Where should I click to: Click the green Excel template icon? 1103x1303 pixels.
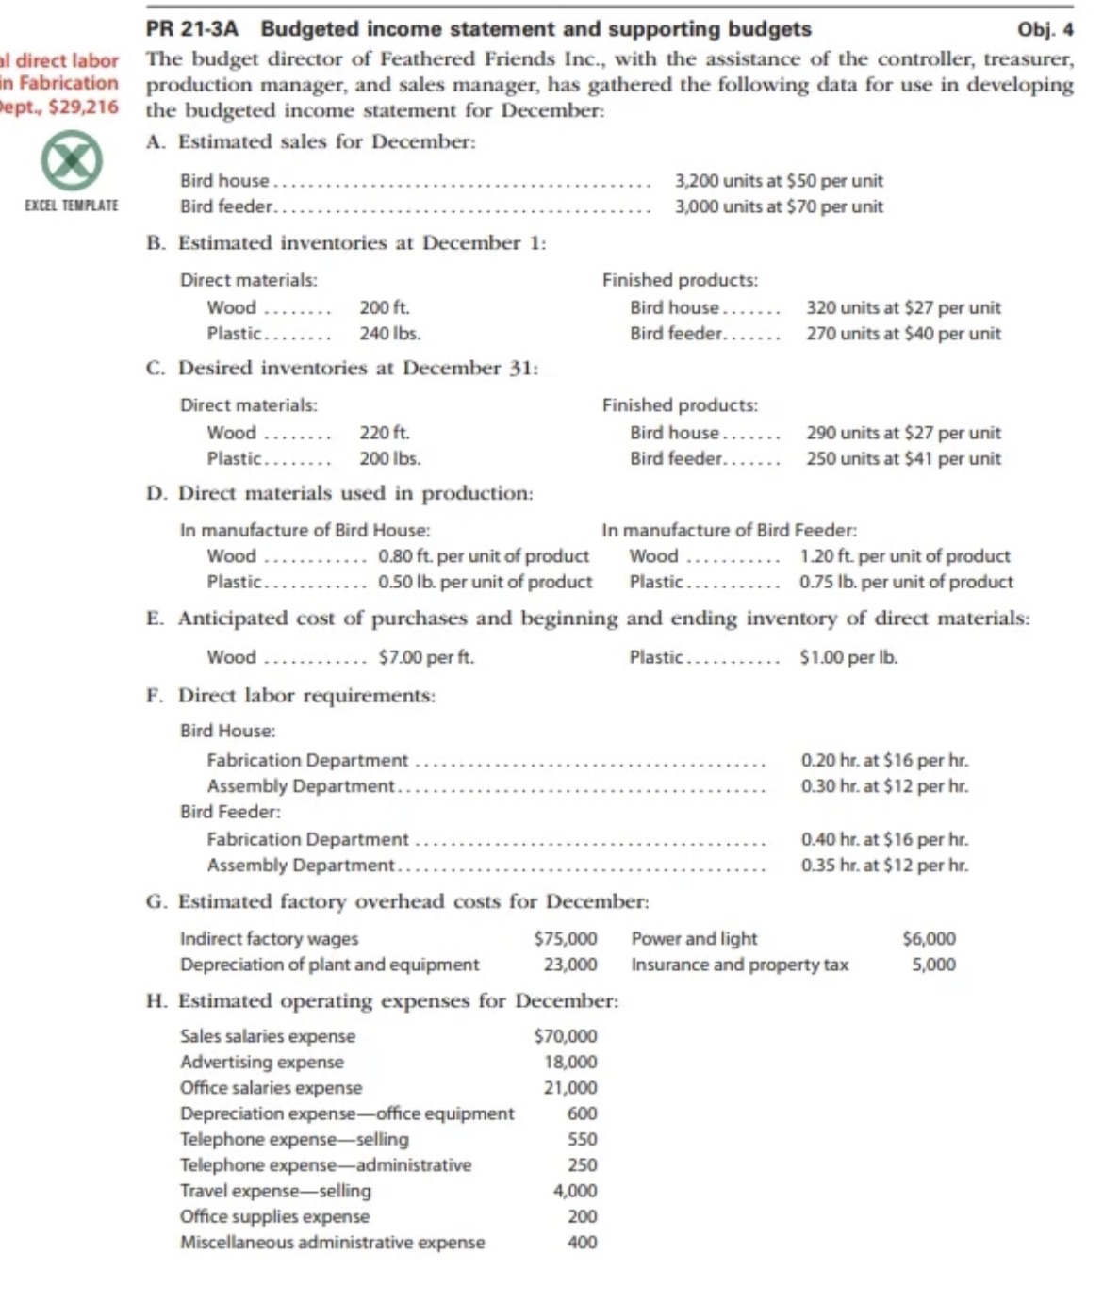click(72, 162)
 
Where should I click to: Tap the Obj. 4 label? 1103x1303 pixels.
click(1045, 30)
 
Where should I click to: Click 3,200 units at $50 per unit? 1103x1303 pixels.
click(779, 181)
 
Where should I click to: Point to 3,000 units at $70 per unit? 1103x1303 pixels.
click(779, 206)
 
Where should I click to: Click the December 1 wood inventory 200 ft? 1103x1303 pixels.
click(384, 307)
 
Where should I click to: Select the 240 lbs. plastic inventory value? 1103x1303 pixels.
click(389, 333)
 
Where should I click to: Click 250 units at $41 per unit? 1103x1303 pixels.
click(903, 458)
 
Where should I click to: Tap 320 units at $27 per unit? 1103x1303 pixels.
click(903, 307)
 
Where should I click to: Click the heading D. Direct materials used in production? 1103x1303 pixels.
click(339, 493)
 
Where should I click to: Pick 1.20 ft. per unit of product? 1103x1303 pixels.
click(904, 556)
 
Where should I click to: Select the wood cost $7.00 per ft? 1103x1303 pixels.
click(426, 657)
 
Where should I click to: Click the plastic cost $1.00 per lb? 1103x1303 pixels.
click(848, 657)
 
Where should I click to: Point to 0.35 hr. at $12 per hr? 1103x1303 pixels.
click(884, 865)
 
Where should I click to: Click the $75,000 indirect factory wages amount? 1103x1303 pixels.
click(566, 939)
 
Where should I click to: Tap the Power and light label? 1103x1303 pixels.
click(694, 939)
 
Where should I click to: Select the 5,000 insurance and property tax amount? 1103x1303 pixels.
click(933, 965)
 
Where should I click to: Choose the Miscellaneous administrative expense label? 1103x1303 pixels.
click(332, 1243)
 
